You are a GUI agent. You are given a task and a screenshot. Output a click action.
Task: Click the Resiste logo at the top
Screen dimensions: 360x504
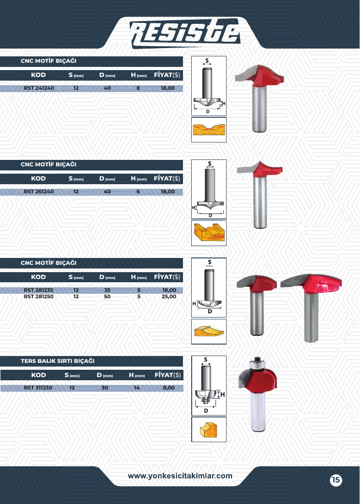(x=185, y=33)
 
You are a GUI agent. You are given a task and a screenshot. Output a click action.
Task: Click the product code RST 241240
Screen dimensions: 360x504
(x=39, y=88)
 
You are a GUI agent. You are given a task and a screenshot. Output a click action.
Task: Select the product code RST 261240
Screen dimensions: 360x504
(x=39, y=192)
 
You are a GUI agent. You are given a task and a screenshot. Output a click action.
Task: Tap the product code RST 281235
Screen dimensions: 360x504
(x=39, y=290)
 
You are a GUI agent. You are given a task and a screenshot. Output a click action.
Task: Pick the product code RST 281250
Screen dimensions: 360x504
(x=39, y=296)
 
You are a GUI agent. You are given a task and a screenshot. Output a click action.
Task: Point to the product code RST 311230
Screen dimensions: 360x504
(x=38, y=388)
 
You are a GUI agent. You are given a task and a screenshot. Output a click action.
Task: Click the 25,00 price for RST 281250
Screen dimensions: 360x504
(x=169, y=296)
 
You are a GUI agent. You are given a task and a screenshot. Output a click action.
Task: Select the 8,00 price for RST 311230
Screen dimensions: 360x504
(x=169, y=388)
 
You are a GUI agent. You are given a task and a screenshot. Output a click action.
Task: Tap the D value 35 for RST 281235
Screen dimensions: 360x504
(x=107, y=290)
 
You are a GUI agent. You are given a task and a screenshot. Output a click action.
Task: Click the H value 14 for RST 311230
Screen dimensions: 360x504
(x=137, y=388)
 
